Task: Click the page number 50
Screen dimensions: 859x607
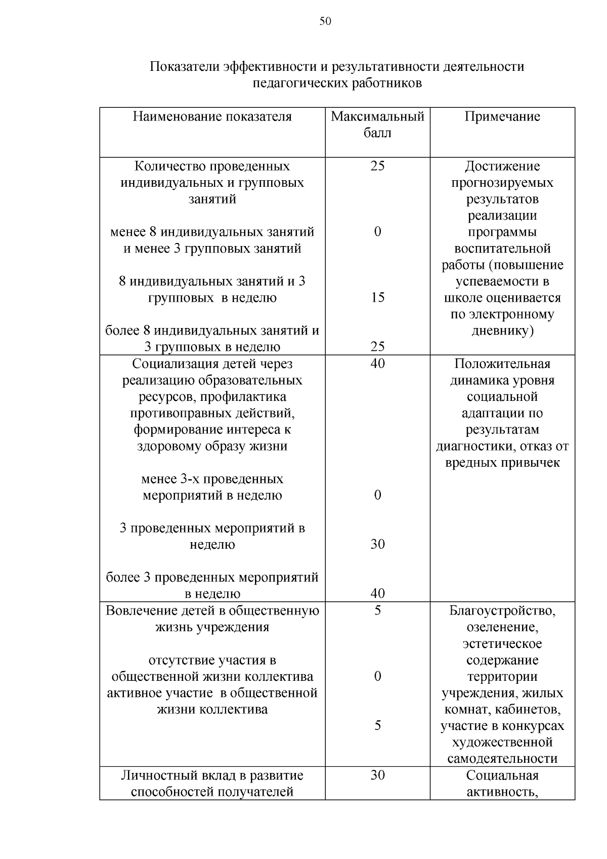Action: coord(325,21)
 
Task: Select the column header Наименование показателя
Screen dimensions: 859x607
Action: coord(212,117)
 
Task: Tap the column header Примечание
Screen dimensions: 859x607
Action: coord(502,117)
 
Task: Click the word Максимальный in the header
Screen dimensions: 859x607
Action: coord(377,117)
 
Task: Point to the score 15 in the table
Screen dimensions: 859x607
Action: coord(377,297)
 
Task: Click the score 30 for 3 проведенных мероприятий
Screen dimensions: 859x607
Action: coord(377,544)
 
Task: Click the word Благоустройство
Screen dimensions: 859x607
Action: coord(502,611)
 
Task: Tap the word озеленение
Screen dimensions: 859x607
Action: coord(502,628)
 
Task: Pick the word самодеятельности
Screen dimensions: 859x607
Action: coord(502,759)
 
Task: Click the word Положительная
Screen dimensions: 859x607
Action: coord(502,364)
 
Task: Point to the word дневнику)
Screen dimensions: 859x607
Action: coord(502,331)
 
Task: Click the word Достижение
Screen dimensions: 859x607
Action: coord(502,167)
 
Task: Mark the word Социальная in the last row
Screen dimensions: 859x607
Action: coord(502,775)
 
